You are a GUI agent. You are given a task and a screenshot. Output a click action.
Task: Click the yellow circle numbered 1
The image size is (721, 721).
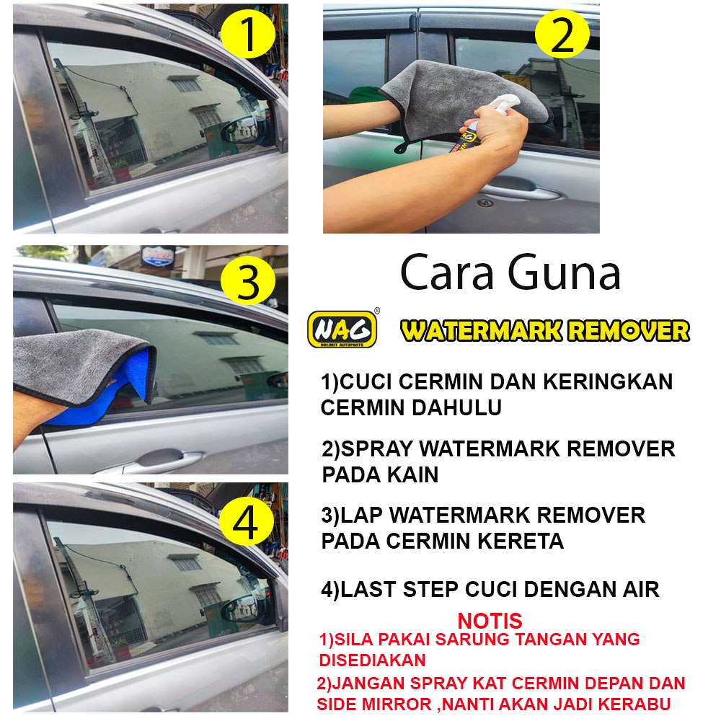[248, 34]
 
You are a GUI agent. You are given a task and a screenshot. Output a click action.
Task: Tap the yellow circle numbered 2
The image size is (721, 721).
[562, 34]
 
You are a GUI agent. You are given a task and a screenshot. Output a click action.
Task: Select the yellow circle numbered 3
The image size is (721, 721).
[248, 280]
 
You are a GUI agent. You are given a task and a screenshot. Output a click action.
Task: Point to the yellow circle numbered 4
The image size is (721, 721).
[247, 521]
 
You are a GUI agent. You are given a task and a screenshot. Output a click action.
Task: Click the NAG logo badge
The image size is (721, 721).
[342, 329]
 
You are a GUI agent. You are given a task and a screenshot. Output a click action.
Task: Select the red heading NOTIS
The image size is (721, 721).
[490, 621]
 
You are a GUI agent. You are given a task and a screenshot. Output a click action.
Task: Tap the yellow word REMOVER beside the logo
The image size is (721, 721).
[629, 330]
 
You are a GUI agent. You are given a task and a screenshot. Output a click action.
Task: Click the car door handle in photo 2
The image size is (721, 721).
[522, 190]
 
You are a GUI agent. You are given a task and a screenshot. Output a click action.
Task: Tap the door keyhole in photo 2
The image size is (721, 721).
[483, 203]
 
